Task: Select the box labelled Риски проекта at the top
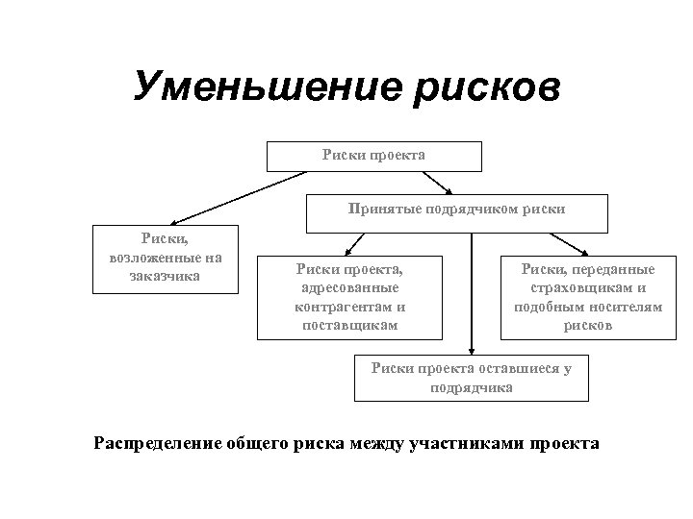click(373, 156)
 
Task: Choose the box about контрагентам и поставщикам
click(349, 297)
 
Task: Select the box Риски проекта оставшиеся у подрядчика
click(471, 379)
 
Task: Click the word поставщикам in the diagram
click(349, 325)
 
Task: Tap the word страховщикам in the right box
click(587, 288)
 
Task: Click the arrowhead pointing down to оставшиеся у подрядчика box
click(471, 352)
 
